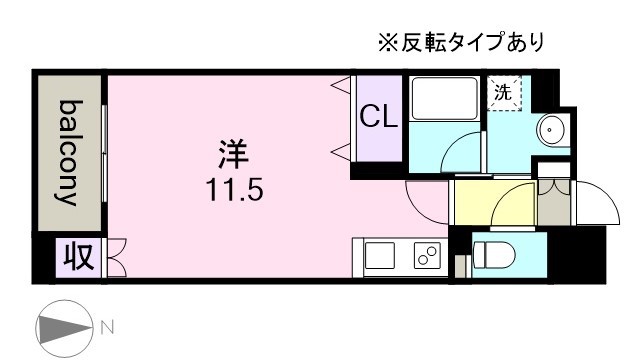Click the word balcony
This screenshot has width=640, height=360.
point(68,152)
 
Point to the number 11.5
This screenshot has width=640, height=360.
point(236,189)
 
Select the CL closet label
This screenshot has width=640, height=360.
point(379,118)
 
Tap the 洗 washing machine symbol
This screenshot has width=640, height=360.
point(504,92)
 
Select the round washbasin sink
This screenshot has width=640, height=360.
point(552,129)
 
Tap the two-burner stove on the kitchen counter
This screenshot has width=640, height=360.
point(427,257)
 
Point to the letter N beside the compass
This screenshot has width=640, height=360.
point(107,326)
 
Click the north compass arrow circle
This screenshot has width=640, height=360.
point(63,327)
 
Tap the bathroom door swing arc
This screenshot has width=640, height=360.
point(462,153)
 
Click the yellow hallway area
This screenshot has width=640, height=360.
point(478,203)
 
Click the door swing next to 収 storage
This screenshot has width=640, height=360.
point(113,257)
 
